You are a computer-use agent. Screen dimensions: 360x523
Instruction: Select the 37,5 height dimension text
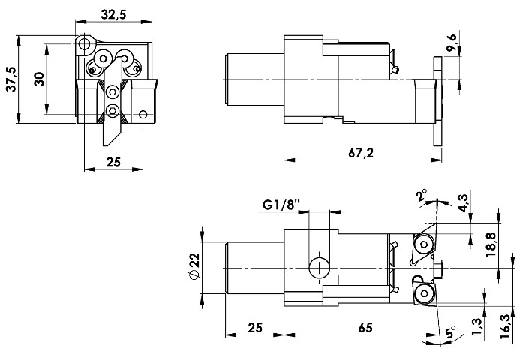[x=11, y=77]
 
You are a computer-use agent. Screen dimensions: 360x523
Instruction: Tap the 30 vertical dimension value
[x=38, y=78]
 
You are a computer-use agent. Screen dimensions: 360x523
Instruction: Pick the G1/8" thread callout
[x=281, y=204]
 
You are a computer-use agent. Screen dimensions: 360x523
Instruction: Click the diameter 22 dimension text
[x=194, y=267]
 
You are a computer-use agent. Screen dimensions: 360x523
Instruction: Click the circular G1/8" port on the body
[x=318, y=267]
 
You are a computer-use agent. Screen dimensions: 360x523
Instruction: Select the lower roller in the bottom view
[x=424, y=291]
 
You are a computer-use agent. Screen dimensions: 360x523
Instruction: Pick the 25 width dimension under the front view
[x=113, y=160]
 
